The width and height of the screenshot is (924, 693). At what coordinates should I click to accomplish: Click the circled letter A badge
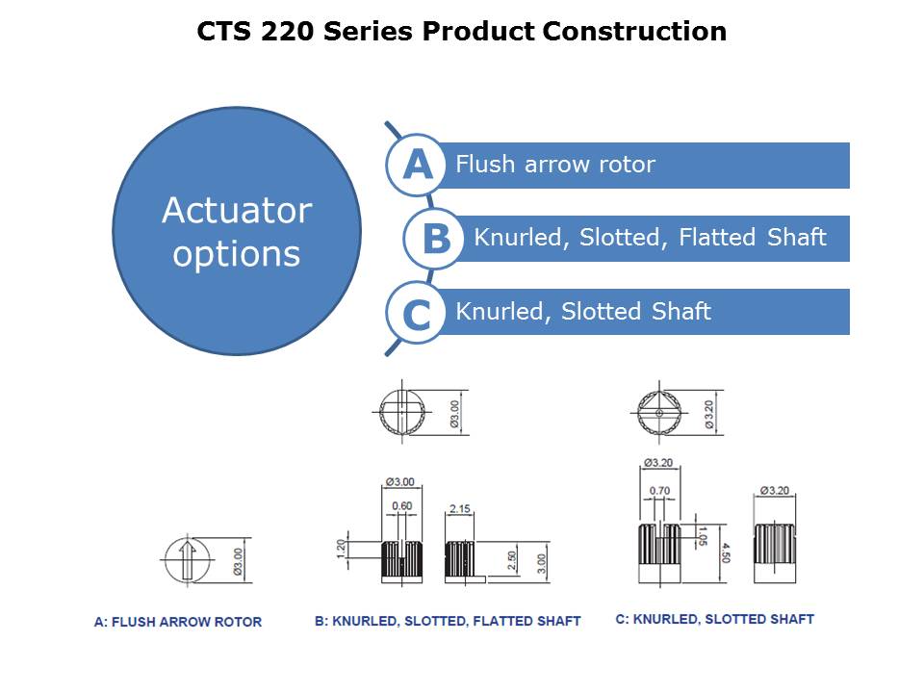click(417, 165)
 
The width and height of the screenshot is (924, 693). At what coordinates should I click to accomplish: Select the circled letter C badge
click(417, 313)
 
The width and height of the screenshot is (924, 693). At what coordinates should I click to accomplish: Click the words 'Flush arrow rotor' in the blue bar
click(555, 165)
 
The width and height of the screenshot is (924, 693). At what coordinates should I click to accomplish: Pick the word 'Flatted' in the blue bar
click(716, 238)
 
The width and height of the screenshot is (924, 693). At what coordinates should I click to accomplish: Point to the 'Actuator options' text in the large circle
click(237, 232)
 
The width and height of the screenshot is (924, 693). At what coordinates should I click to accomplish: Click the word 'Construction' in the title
click(634, 31)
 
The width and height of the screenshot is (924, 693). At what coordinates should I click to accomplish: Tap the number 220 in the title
click(287, 31)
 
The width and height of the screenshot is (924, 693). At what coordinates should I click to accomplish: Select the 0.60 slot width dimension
click(402, 506)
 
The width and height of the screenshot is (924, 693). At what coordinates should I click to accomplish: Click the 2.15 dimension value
click(460, 508)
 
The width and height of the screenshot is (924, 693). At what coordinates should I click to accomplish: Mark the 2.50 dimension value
click(512, 560)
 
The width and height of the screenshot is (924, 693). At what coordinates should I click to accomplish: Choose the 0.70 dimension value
click(659, 491)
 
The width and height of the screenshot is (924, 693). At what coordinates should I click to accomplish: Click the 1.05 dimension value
click(702, 536)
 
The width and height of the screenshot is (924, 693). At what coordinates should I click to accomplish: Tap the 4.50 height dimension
click(726, 552)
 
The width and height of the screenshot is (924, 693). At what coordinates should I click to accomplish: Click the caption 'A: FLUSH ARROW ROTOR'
click(178, 622)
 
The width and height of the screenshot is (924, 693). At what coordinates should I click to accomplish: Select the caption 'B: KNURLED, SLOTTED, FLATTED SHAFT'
click(448, 621)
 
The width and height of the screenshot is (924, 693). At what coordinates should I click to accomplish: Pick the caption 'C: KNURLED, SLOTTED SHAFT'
click(715, 619)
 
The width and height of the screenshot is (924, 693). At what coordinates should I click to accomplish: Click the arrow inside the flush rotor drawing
click(188, 560)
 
